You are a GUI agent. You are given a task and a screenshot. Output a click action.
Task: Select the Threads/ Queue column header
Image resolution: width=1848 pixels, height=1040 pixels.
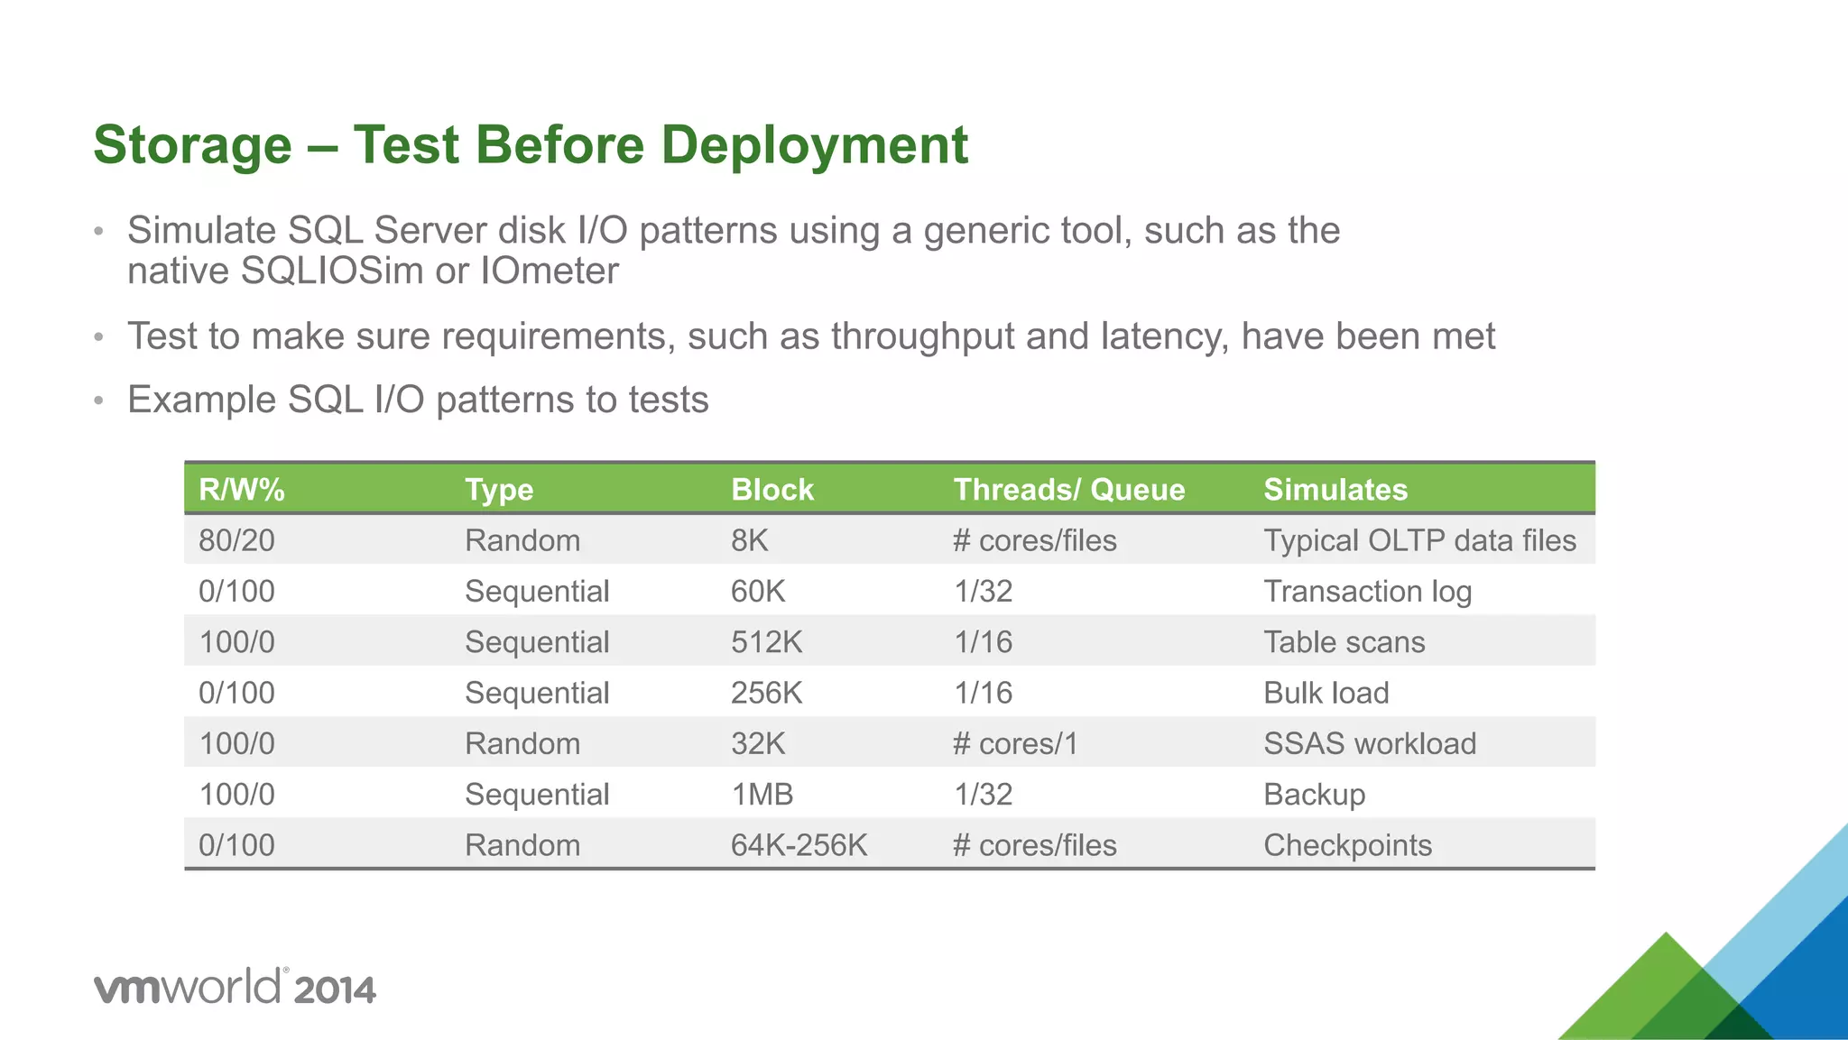[x=1068, y=490]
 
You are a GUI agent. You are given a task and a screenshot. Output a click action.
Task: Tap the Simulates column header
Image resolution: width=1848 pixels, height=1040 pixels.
[x=1335, y=490]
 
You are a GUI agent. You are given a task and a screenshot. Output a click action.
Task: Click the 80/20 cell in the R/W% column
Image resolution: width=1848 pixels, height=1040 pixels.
[x=236, y=540]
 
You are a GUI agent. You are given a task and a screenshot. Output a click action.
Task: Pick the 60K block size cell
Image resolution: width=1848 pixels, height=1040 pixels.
[x=758, y=592]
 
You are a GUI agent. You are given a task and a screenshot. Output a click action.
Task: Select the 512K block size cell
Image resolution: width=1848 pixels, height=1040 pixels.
[x=766, y=642]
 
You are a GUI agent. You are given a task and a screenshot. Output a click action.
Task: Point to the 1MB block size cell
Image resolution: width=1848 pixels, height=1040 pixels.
[x=762, y=795]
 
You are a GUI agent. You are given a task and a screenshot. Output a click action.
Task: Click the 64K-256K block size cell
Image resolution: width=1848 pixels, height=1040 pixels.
[x=799, y=845]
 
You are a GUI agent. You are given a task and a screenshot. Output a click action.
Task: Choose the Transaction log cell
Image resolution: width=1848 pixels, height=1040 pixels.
[x=1367, y=592]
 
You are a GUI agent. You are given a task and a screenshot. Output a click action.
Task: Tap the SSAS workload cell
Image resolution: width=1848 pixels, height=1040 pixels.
[x=1369, y=744]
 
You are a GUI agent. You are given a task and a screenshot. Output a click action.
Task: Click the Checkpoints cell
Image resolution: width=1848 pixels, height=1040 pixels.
[x=1347, y=845]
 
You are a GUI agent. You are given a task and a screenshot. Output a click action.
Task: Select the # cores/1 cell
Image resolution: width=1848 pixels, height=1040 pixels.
[x=1015, y=744]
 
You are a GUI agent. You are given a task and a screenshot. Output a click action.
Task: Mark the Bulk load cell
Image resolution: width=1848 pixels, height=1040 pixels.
[x=1326, y=693]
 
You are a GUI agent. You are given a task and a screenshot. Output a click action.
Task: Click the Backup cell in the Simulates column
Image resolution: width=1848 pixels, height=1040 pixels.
[x=1314, y=795]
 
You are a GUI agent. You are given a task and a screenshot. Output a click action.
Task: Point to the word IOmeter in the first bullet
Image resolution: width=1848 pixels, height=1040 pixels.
[x=550, y=272]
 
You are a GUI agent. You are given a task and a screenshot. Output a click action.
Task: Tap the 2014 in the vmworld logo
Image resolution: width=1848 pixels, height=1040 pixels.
[x=334, y=990]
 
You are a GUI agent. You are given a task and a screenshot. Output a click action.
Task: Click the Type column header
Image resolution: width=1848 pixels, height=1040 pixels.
[x=499, y=490]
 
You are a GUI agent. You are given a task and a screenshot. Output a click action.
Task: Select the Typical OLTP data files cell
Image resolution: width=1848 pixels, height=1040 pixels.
[x=1418, y=540]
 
